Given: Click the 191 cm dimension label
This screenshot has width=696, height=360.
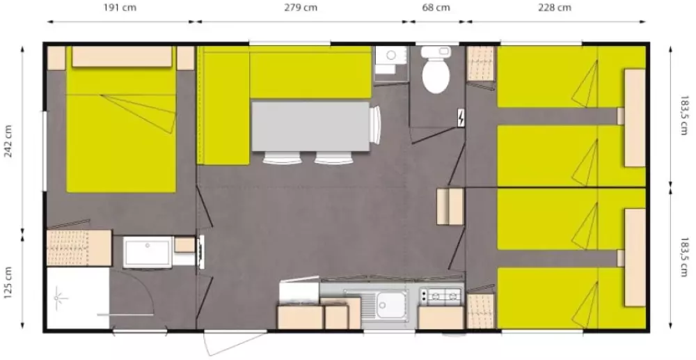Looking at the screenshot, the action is pyautogui.click(x=120, y=8).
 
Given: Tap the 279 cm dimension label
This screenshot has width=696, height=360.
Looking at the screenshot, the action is pyautogui.click(x=301, y=8).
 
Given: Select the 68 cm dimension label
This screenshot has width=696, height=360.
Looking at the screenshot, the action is pyautogui.click(x=436, y=8).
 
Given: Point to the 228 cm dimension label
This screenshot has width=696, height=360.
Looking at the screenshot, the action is pyautogui.click(x=555, y=8).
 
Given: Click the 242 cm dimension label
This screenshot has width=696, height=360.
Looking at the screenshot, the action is pyautogui.click(x=8, y=141).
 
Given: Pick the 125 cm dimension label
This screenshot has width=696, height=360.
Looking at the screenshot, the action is pyautogui.click(x=8, y=282).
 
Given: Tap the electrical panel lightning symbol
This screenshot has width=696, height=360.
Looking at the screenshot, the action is pyautogui.click(x=461, y=118).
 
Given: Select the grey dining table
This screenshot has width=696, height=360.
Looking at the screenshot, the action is pyautogui.click(x=310, y=127).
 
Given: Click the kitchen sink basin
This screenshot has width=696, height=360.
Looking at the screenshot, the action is pyautogui.click(x=390, y=305).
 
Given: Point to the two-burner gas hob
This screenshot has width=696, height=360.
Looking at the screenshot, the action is pyautogui.click(x=441, y=295).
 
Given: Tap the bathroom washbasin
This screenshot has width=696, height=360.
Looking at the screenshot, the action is pyautogui.click(x=148, y=252).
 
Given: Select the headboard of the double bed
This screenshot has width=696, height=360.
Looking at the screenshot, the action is pyautogui.click(x=122, y=56).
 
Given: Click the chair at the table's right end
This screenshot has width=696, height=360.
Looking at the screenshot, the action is pyautogui.click(x=376, y=125).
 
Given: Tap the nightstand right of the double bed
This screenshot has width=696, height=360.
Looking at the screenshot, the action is pyautogui.click(x=186, y=58).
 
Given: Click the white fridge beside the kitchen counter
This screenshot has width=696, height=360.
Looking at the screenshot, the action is pyautogui.click(x=299, y=292).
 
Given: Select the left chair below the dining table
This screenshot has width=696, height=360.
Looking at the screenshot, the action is pyautogui.click(x=281, y=157).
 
